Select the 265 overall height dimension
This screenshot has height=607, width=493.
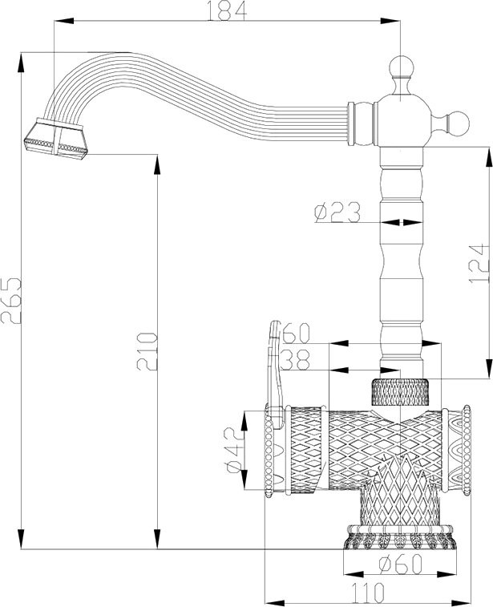point(11,301)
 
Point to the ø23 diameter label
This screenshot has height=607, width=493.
point(336,213)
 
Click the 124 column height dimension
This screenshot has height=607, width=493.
point(479,261)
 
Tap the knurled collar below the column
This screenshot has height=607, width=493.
point(404,391)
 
